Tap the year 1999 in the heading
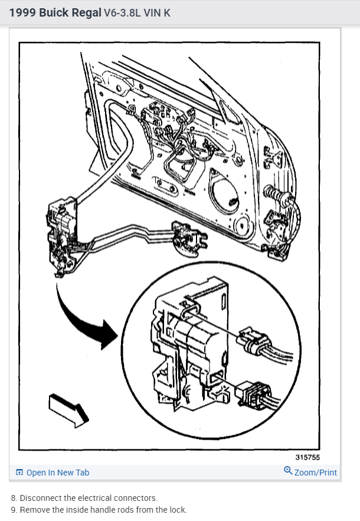(x=23, y=12)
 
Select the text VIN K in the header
(x=155, y=12)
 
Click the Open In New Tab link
(x=58, y=473)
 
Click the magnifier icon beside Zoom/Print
(x=288, y=471)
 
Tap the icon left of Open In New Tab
(x=19, y=473)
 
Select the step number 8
(x=14, y=498)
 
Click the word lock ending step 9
(x=178, y=509)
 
